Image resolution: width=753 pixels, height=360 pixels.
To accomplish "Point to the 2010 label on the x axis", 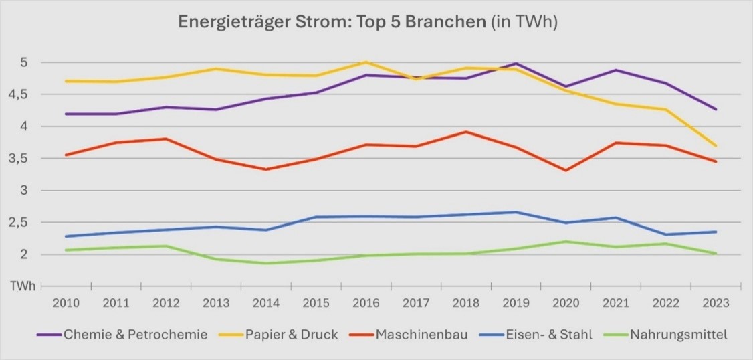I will click(66, 303).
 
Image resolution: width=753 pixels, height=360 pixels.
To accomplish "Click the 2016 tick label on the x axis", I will click(365, 303).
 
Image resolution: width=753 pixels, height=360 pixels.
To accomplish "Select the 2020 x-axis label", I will click(566, 303).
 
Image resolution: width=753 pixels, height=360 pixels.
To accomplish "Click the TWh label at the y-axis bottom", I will click(20, 286).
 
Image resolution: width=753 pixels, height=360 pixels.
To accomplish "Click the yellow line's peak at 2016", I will click(365, 62).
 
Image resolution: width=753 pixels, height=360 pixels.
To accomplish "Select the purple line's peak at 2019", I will click(516, 64).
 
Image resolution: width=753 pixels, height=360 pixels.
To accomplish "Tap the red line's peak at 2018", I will click(466, 132).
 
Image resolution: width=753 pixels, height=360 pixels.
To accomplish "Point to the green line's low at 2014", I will click(266, 263).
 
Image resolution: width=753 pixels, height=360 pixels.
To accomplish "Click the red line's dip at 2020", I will click(566, 170).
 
